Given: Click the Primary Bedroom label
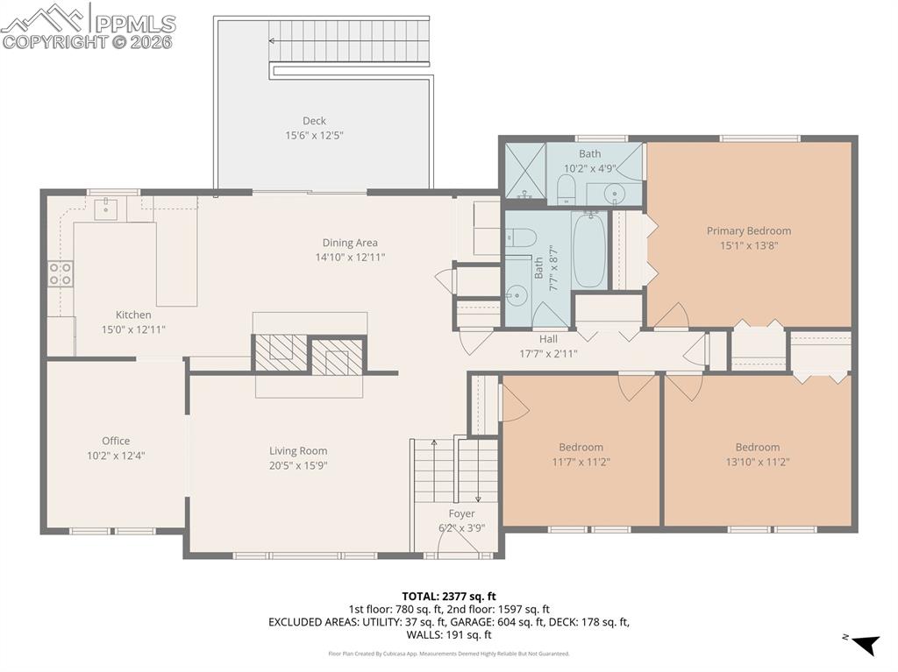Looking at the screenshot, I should pyautogui.click(x=749, y=231).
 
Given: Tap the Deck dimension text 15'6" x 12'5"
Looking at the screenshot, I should pyautogui.click(x=315, y=136).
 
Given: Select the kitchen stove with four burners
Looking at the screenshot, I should pyautogui.click(x=61, y=273).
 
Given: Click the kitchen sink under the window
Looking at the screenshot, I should pyautogui.click(x=106, y=209).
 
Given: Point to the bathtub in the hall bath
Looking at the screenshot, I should pyautogui.click(x=588, y=250).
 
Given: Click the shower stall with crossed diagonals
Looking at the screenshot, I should pyautogui.click(x=524, y=170).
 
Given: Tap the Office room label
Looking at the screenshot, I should pyautogui.click(x=116, y=441).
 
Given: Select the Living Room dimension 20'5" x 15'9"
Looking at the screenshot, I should pyautogui.click(x=298, y=466).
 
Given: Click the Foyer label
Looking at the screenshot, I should pyautogui.click(x=461, y=513).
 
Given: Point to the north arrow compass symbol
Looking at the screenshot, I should pyautogui.click(x=865, y=645).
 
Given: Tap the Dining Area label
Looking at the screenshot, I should pyautogui.click(x=350, y=243).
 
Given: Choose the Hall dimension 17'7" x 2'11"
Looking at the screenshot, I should pyautogui.click(x=548, y=354).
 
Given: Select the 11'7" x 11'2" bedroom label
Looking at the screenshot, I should pyautogui.click(x=581, y=462).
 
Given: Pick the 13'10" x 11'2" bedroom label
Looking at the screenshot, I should pyautogui.click(x=758, y=462).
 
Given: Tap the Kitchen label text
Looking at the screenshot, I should pyautogui.click(x=133, y=315).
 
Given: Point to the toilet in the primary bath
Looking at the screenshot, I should pyautogui.click(x=567, y=188).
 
